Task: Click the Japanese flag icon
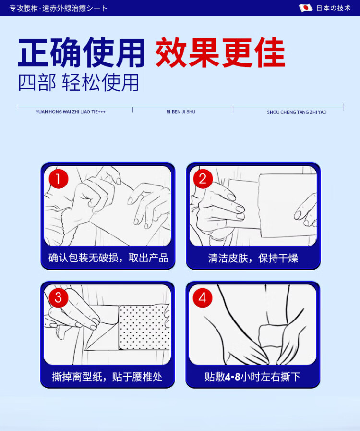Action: click(x=306, y=8)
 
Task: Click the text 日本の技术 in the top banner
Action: click(x=334, y=8)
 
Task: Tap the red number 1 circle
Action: click(x=59, y=179)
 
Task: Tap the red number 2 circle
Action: click(x=203, y=179)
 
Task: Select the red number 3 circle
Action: click(x=58, y=297)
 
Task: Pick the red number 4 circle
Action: click(x=203, y=297)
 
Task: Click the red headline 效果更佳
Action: click(x=220, y=52)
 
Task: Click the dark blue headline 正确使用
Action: click(x=81, y=52)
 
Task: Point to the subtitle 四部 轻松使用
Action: click(x=79, y=83)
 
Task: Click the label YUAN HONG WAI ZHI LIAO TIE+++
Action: click(x=71, y=112)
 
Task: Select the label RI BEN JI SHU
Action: click(x=181, y=112)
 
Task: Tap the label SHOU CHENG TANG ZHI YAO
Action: click(x=297, y=112)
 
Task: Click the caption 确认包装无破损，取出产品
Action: click(x=108, y=258)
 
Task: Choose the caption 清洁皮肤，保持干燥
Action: click(x=253, y=258)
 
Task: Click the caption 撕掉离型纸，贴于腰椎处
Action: click(x=108, y=377)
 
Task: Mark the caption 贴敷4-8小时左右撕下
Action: click(x=252, y=377)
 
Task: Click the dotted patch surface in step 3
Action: click(x=144, y=327)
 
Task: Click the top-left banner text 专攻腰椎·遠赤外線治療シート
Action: click(x=58, y=8)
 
